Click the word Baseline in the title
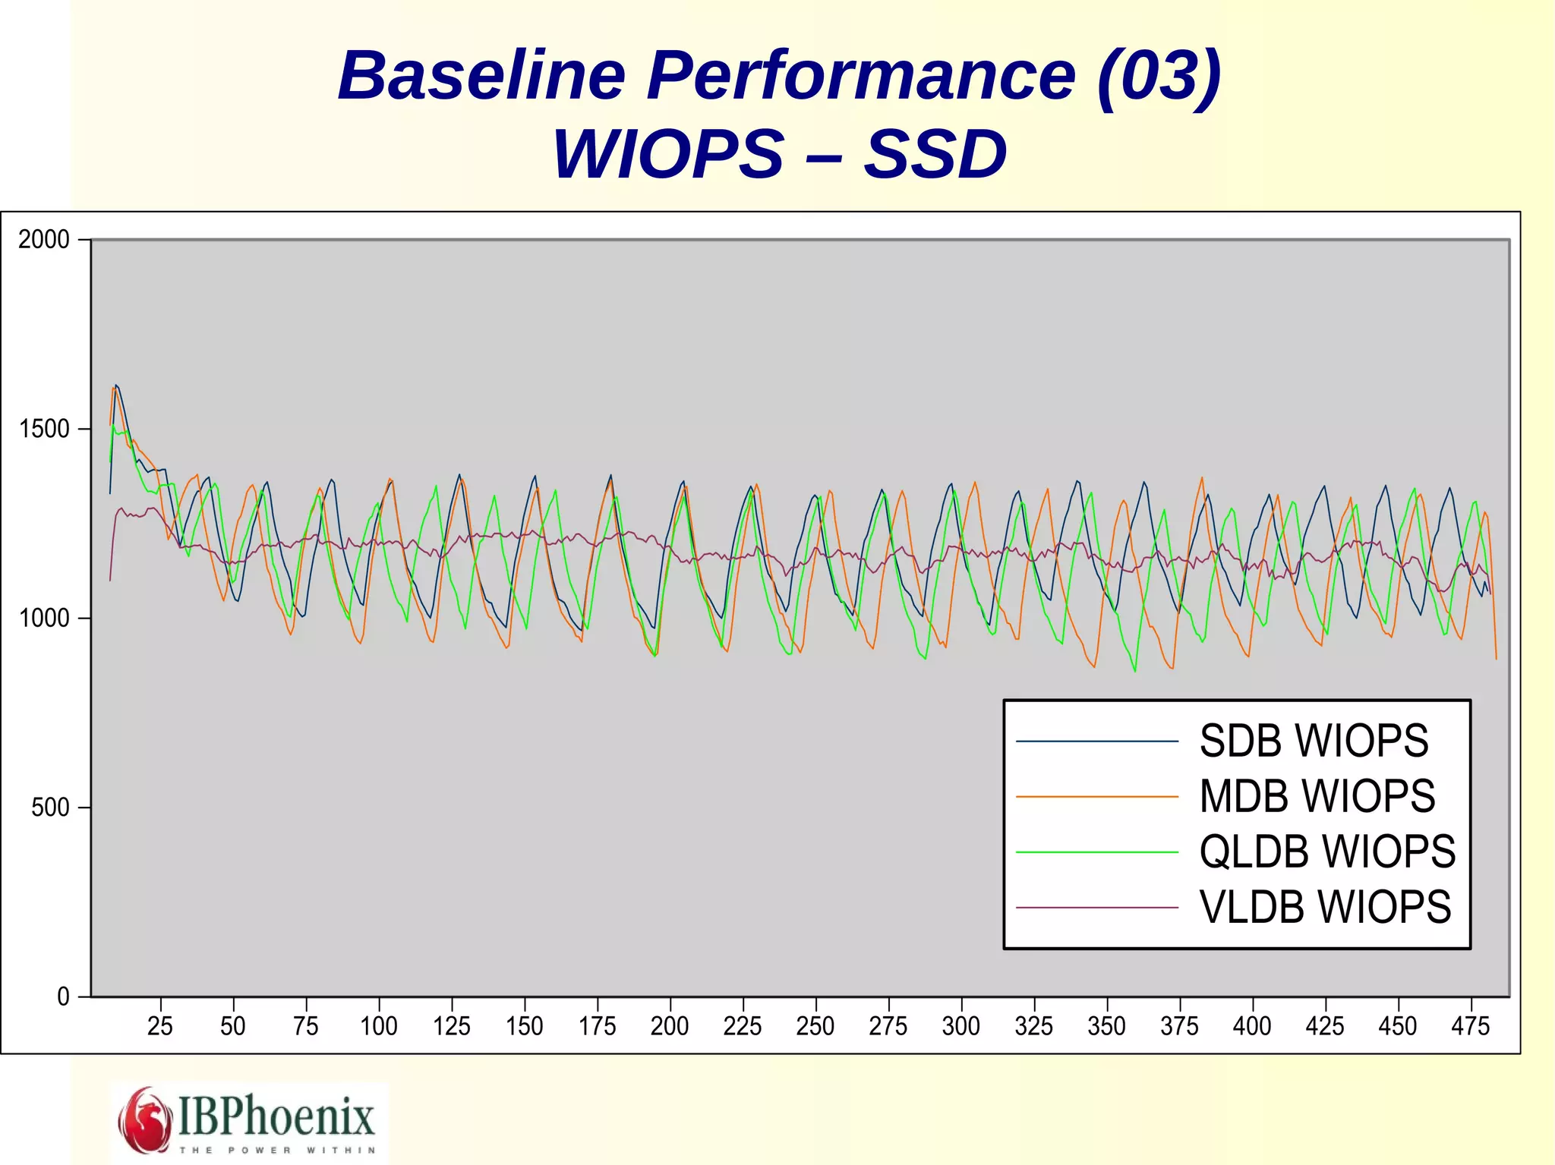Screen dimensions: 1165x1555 pyautogui.click(x=481, y=76)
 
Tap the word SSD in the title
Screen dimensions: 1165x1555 pyautogui.click(x=935, y=155)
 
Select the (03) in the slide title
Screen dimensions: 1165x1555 pyautogui.click(x=1159, y=76)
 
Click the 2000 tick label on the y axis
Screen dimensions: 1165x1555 pyautogui.click(x=44, y=240)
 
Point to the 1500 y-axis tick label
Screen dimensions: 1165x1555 pyautogui.click(x=44, y=430)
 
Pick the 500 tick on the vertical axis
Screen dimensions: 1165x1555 pyautogui.click(x=50, y=808)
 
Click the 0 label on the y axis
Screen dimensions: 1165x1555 pyautogui.click(x=63, y=997)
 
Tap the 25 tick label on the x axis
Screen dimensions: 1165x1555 pyautogui.click(x=160, y=1027)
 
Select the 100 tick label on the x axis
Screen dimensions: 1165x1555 pyautogui.click(x=378, y=1027)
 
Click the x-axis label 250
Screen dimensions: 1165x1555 pyautogui.click(x=815, y=1027)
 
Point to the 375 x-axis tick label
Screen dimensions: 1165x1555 pyautogui.click(x=1179, y=1027)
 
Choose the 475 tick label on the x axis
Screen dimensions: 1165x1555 pyautogui.click(x=1471, y=1027)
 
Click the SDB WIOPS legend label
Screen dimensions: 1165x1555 pyautogui.click(x=1314, y=742)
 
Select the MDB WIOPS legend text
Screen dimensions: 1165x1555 pyautogui.click(x=1317, y=797)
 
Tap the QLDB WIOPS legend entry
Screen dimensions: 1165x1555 pyautogui.click(x=1327, y=852)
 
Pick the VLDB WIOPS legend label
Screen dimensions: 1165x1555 pyautogui.click(x=1325, y=908)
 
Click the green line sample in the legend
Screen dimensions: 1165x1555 pyautogui.click(x=1096, y=852)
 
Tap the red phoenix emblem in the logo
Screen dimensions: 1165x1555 pyautogui.click(x=145, y=1120)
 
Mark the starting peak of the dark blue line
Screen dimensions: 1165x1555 pyautogui.click(x=115, y=386)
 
